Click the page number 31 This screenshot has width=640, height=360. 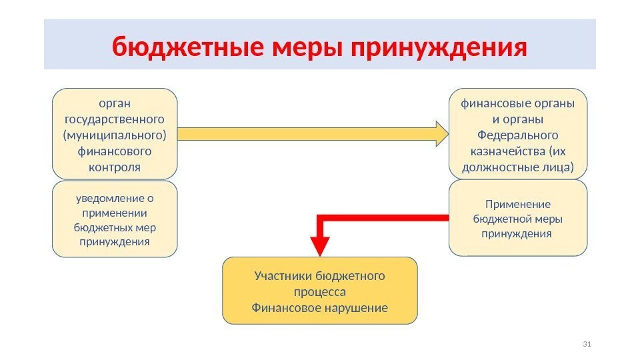click(587, 344)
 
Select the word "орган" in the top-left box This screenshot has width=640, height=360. click(115, 103)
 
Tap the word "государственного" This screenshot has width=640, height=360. click(115, 119)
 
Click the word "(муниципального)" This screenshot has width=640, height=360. click(115, 135)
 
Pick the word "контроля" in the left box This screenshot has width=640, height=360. click(115, 167)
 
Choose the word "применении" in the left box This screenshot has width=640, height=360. click(115, 213)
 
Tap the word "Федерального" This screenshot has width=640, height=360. click(517, 135)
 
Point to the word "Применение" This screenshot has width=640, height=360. click(518, 205)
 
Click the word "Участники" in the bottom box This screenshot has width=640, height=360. click(284, 276)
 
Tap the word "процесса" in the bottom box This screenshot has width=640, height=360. click(320, 292)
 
